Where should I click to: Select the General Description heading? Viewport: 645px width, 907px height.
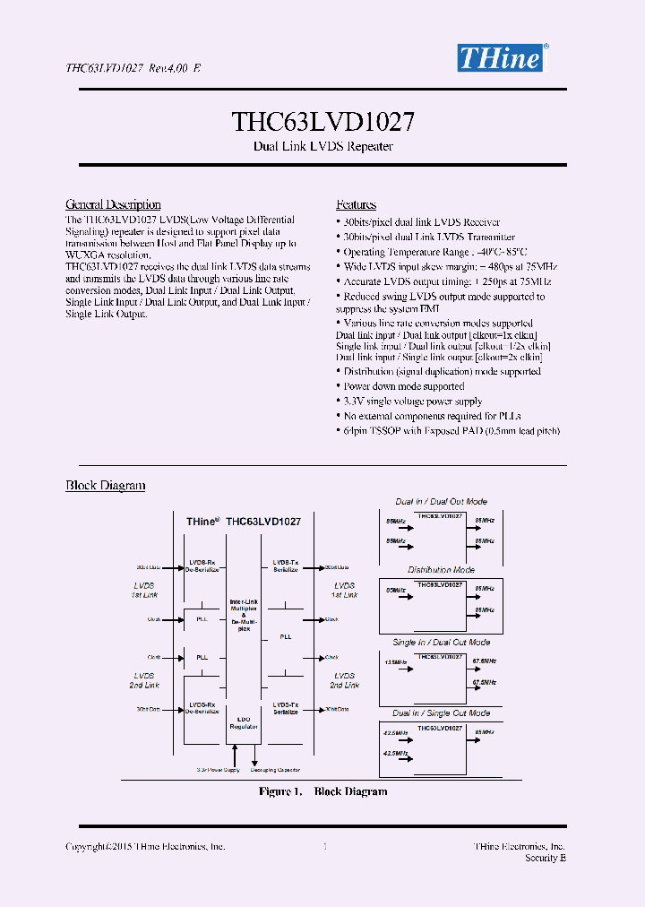pyautogui.click(x=113, y=204)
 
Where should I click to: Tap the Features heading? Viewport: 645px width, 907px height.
pyautogui.click(x=356, y=204)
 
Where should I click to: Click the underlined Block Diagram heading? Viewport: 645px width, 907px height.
pyautogui.click(x=105, y=485)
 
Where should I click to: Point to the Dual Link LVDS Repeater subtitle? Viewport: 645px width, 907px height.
pyautogui.click(x=322, y=146)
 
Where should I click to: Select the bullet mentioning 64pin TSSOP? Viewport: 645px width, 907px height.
pyautogui.click(x=451, y=431)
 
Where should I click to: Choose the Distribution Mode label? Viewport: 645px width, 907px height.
pyautogui.click(x=441, y=570)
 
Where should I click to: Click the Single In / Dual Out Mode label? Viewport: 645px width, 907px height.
pyautogui.click(x=441, y=642)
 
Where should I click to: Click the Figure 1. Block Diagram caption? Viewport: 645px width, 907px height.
pyautogui.click(x=322, y=791)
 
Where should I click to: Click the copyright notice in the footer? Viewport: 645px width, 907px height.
pyautogui.click(x=145, y=846)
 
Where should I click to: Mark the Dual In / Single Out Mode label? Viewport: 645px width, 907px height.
pyautogui.click(x=441, y=713)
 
